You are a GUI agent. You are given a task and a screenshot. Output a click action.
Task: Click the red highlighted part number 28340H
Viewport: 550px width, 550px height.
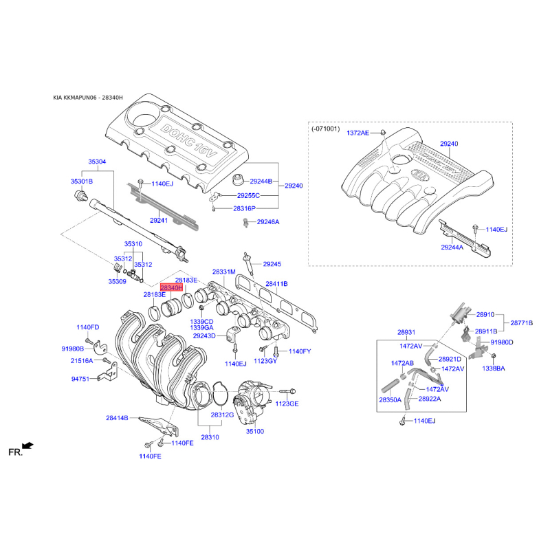pyautogui.click(x=171, y=287)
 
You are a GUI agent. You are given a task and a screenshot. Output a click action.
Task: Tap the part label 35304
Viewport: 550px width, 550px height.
pyautogui.click(x=97, y=162)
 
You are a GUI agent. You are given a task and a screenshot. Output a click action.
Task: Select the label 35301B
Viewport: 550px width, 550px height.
pyautogui.click(x=82, y=181)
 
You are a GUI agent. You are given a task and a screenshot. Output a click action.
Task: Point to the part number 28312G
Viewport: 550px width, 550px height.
pyautogui.click(x=222, y=415)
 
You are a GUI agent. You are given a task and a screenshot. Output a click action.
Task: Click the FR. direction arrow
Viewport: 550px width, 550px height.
pyautogui.click(x=27, y=445)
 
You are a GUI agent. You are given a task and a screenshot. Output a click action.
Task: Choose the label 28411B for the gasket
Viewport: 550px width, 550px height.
pyautogui.click(x=277, y=284)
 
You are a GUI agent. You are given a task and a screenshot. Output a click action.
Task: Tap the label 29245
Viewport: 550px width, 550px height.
pyautogui.click(x=272, y=264)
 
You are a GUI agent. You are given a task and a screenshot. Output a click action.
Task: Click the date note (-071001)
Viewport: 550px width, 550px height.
pyautogui.click(x=326, y=129)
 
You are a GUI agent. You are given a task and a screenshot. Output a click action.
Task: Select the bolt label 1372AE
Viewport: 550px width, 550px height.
pyautogui.click(x=357, y=133)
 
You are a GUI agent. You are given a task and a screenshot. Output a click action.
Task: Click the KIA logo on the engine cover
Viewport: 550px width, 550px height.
pyautogui.click(x=420, y=175)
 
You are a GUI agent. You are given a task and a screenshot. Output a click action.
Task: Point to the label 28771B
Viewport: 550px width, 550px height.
pyautogui.click(x=522, y=323)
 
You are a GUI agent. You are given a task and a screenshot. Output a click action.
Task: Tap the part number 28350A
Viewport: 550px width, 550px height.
pyautogui.click(x=390, y=400)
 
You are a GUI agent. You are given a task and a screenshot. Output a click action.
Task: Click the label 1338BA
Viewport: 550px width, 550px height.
pyautogui.click(x=494, y=368)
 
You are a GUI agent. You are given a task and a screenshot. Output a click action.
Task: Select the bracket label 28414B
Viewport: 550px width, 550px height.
pyautogui.click(x=117, y=418)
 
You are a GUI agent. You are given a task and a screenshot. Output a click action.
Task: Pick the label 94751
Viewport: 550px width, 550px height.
pyautogui.click(x=80, y=379)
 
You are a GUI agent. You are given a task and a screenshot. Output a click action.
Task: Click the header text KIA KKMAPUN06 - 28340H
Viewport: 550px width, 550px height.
pyautogui.click(x=88, y=98)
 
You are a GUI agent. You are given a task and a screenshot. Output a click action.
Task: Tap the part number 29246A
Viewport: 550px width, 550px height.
pyautogui.click(x=268, y=222)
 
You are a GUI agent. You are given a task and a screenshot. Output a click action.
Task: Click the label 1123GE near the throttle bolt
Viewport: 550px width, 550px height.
pyautogui.click(x=287, y=404)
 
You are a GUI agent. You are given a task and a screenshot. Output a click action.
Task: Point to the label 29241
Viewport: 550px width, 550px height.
pyautogui.click(x=159, y=221)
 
